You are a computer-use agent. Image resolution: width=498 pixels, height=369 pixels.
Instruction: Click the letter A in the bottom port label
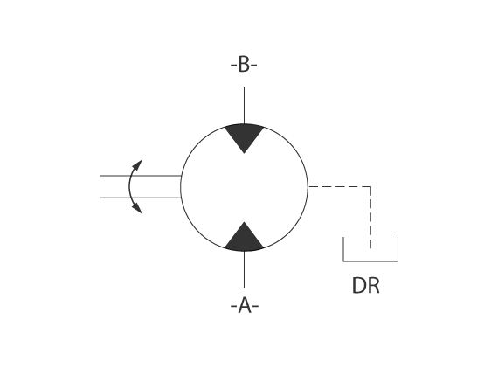click(245, 305)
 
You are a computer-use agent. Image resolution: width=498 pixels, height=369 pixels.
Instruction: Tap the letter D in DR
click(359, 285)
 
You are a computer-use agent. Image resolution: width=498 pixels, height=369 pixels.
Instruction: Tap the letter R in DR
click(374, 285)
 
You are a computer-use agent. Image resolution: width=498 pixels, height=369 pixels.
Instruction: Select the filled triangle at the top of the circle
click(244, 136)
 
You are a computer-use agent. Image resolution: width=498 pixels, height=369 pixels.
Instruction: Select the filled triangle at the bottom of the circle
click(244, 239)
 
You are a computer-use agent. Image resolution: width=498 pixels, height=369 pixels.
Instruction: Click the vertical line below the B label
click(244, 106)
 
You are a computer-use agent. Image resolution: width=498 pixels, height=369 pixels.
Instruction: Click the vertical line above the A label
click(244, 269)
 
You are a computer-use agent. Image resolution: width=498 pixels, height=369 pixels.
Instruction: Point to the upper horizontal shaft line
click(141, 176)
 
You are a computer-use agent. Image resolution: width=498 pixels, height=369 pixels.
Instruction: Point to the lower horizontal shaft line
click(141, 198)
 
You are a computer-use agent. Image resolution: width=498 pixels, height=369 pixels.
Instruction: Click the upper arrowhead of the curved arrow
click(137, 165)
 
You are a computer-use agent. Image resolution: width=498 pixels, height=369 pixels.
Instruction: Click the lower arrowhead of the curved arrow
click(137, 208)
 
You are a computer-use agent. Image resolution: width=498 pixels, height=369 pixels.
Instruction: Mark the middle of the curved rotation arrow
click(129, 186)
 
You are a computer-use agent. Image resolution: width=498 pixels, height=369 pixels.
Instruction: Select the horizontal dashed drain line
click(340, 186)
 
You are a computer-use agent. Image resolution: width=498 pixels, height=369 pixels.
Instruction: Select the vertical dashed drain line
click(370, 218)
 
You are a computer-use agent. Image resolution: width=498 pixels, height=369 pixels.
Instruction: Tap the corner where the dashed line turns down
click(370, 186)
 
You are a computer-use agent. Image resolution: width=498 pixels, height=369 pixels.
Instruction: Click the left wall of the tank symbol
click(343, 249)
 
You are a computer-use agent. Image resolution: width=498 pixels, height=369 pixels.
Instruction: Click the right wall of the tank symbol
click(398, 249)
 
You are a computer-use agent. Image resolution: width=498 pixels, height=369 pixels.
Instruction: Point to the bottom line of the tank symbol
click(370, 261)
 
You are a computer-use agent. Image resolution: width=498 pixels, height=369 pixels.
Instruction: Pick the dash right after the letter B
click(253, 66)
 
